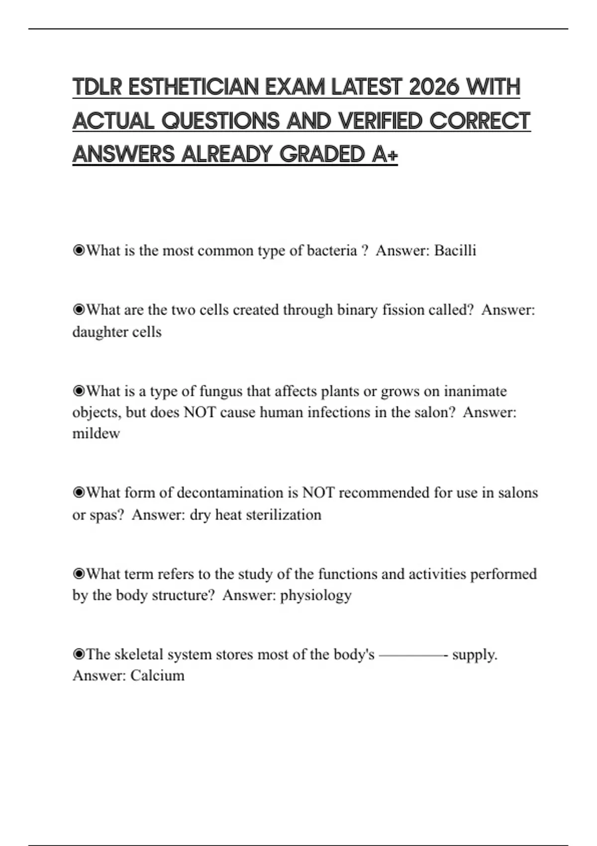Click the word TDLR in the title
pyautogui.click(x=98, y=87)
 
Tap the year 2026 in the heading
pyautogui.click(x=434, y=87)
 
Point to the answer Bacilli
pyautogui.click(x=455, y=250)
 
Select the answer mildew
pyautogui.click(x=96, y=433)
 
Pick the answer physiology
pyautogui.click(x=316, y=596)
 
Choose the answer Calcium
pyautogui.click(x=157, y=676)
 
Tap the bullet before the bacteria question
pyautogui.click(x=79, y=250)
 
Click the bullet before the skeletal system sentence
pyautogui.click(x=79, y=654)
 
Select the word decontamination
pyautogui.click(x=230, y=493)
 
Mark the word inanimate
pyautogui.click(x=475, y=391)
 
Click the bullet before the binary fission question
pyautogui.click(x=79, y=310)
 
